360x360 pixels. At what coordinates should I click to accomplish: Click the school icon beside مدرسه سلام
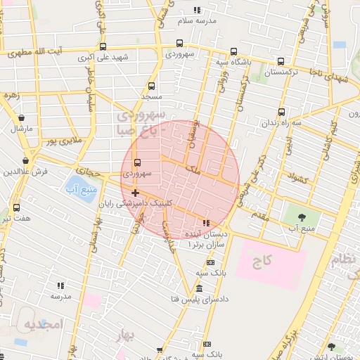click(x=198, y=10)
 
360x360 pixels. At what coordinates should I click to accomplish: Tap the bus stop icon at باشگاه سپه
click(x=233, y=51)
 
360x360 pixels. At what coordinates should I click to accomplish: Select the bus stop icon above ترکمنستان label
click(x=281, y=61)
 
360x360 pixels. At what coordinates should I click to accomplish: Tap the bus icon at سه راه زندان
click(x=282, y=112)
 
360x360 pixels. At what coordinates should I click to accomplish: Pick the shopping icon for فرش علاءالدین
click(x=26, y=160)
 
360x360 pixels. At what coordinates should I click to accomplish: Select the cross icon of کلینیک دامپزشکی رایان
click(x=135, y=193)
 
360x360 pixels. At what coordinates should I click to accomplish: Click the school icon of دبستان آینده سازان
click(x=206, y=223)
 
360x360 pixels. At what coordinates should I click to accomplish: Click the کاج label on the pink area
click(x=262, y=262)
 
